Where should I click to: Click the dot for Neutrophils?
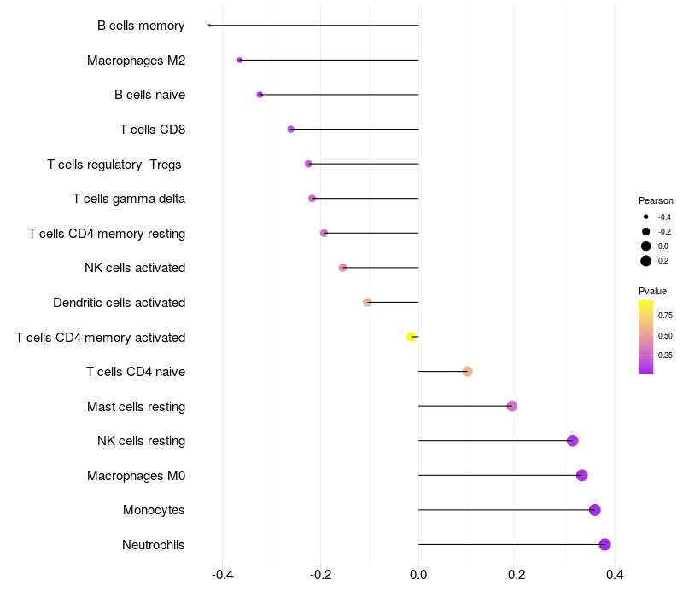click(x=604, y=544)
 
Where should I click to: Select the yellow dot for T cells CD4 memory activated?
click(x=412, y=337)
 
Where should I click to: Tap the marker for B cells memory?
click(x=209, y=26)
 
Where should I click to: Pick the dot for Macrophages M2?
click(x=240, y=60)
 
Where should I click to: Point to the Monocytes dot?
click(x=595, y=510)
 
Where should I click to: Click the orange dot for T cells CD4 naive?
click(x=467, y=371)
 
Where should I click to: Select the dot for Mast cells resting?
click(x=512, y=406)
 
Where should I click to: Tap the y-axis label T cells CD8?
click(x=152, y=130)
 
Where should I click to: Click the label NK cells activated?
click(x=135, y=268)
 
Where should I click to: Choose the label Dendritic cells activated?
click(x=119, y=303)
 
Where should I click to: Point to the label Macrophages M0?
click(x=136, y=475)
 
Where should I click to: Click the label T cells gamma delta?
click(x=129, y=199)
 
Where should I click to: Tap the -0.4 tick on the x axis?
click(x=223, y=575)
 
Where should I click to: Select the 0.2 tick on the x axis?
click(x=516, y=575)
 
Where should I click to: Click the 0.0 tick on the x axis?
click(x=418, y=575)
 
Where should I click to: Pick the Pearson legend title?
click(x=656, y=200)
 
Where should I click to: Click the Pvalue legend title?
click(x=652, y=291)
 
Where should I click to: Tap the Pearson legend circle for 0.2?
click(x=646, y=261)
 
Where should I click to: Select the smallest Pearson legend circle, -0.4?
click(x=646, y=217)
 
